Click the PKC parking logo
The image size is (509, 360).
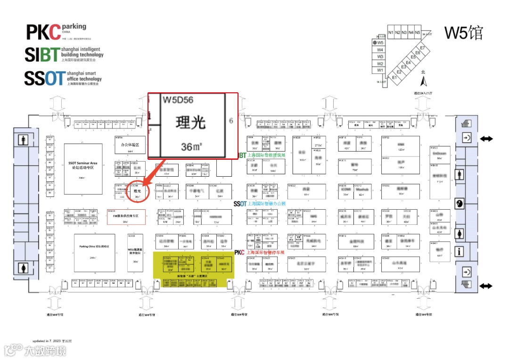tap(44, 32)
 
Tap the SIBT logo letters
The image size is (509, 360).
tap(42, 55)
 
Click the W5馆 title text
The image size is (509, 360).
tap(464, 33)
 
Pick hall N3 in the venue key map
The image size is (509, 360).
tap(404, 33)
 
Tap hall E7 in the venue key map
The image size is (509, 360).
tap(423, 48)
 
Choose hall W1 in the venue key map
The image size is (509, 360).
tap(380, 70)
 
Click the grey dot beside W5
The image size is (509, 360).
tap(374, 42)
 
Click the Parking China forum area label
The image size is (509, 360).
tap(94, 246)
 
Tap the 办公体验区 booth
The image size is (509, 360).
tap(130, 145)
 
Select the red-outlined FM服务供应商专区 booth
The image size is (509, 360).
tap(126, 216)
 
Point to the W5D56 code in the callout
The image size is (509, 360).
tap(178, 100)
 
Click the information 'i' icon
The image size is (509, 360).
tap(460, 252)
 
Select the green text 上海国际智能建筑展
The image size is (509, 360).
tap(267, 155)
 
